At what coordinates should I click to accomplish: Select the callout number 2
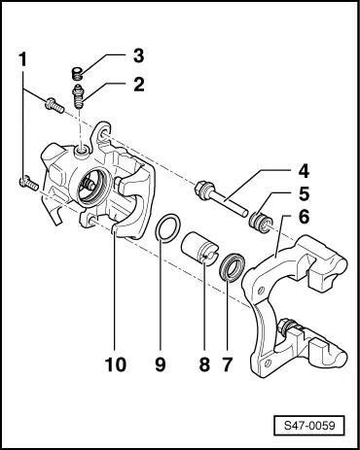(x=138, y=84)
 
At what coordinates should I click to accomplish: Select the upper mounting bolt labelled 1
(x=54, y=105)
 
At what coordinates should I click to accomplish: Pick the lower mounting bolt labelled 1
(x=26, y=180)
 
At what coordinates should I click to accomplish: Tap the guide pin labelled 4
(x=219, y=199)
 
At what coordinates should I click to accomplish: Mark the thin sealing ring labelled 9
(x=168, y=233)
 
